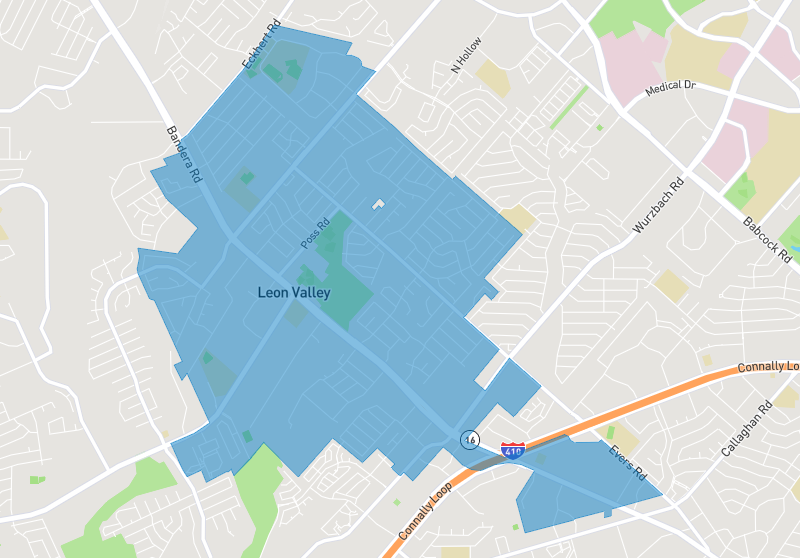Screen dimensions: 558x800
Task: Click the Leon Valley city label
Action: (x=294, y=293)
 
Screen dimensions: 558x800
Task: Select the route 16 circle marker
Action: (x=469, y=439)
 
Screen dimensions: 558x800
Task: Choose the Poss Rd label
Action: (x=315, y=234)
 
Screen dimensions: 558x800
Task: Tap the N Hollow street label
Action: (x=467, y=55)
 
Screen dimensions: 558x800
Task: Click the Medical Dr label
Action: (x=670, y=88)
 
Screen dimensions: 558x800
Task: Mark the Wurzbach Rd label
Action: (x=659, y=207)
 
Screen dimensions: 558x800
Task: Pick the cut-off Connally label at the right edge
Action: (x=768, y=367)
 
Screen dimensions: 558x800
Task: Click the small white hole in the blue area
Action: (x=378, y=204)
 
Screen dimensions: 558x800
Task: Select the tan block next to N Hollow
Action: (x=493, y=75)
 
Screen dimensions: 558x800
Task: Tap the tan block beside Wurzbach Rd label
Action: (x=672, y=286)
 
